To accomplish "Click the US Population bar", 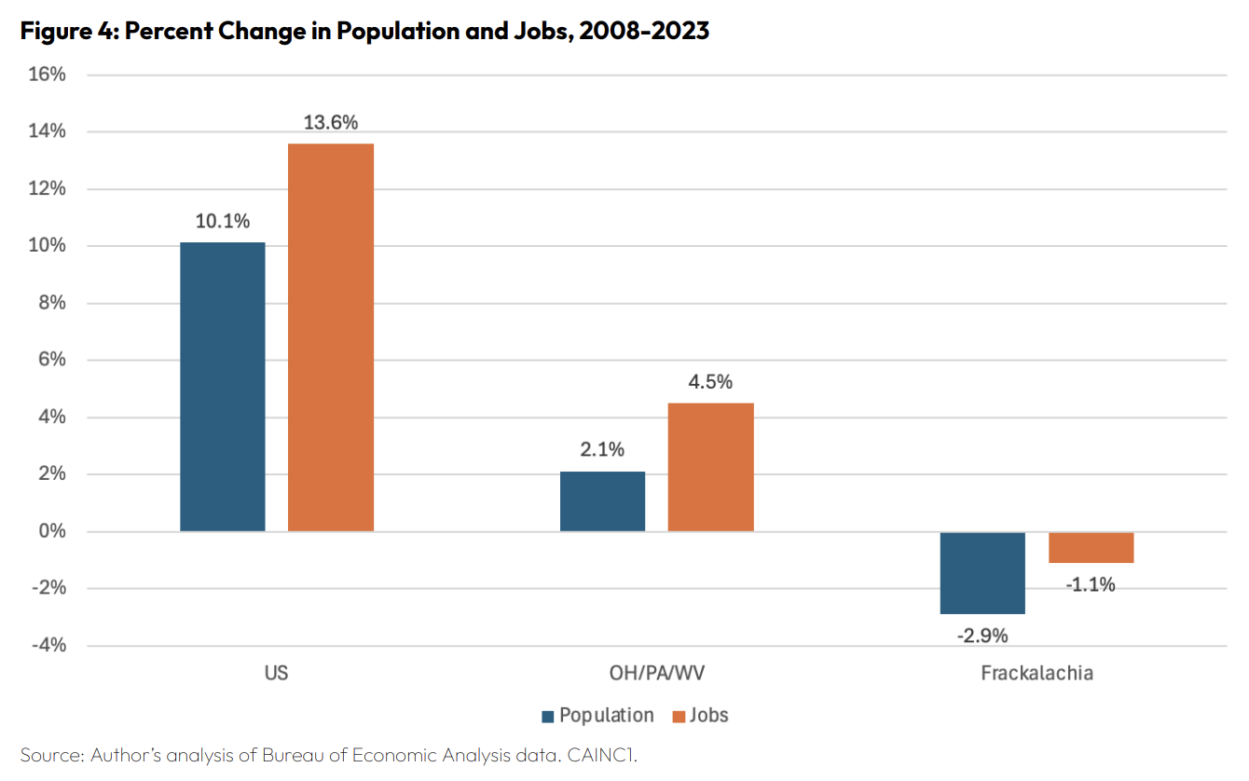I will click(x=222, y=387).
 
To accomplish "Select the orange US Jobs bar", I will click(x=331, y=337).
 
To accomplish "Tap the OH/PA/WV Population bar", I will click(x=602, y=501).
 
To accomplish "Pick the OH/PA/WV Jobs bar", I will click(x=711, y=467).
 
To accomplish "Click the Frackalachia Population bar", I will click(x=982, y=572).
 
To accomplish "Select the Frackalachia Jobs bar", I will click(x=1091, y=547).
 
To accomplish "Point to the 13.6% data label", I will click(x=331, y=123).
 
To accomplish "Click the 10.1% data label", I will click(x=222, y=222).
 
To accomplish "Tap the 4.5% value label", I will click(x=711, y=382).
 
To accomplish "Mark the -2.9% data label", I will click(x=982, y=637).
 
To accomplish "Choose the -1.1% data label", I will click(x=1091, y=585).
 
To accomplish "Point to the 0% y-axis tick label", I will click(x=52, y=531).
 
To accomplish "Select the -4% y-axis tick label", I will click(x=48, y=646).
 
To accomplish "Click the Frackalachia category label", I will click(x=1036, y=673).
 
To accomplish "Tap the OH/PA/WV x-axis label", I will click(x=656, y=673).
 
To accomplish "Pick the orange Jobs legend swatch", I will click(x=679, y=717).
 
